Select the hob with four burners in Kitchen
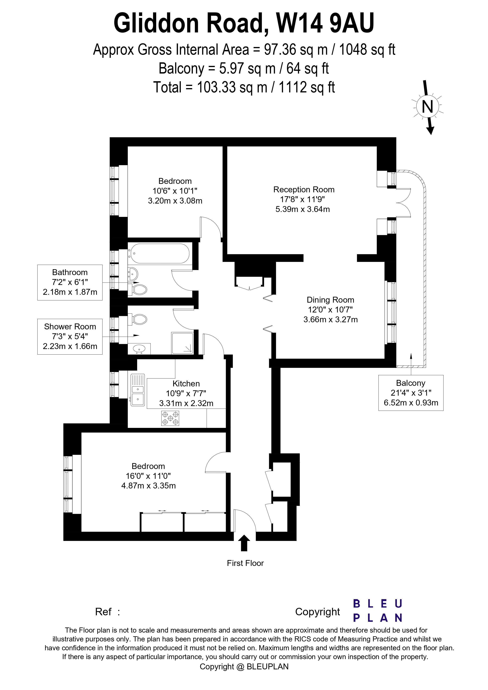[170, 418]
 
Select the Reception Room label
[304, 190]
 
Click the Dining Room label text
[330, 300]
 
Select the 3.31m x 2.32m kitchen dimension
[186, 403]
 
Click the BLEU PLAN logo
[377, 611]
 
